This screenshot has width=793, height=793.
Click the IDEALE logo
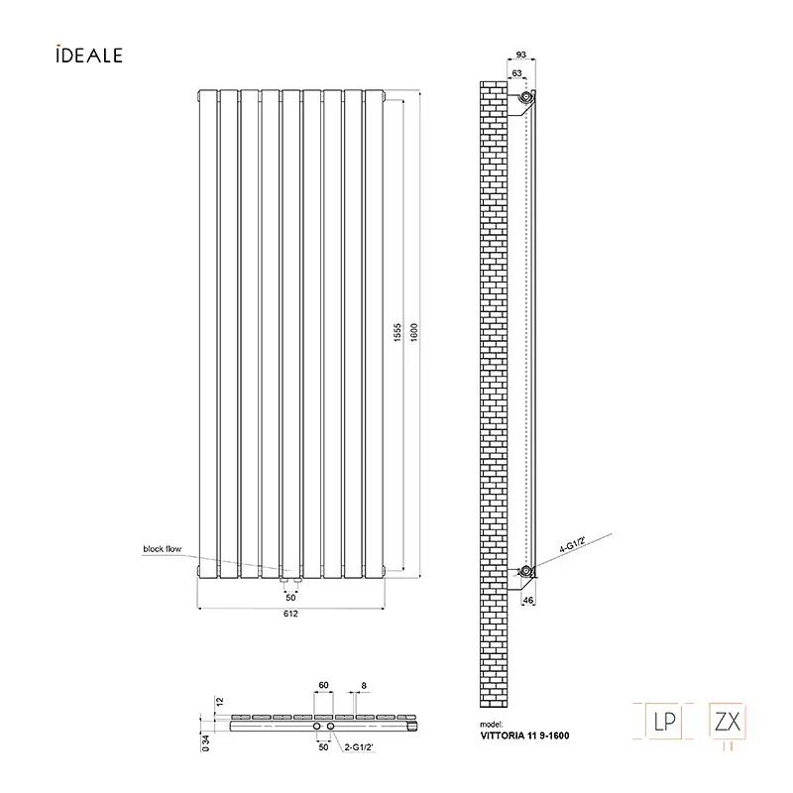89,55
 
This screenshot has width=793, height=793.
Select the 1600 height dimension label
414,332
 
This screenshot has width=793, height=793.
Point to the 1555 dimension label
397,332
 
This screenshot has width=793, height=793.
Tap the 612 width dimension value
290,614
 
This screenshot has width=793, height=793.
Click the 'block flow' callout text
162,549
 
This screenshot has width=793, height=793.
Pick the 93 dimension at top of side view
521,55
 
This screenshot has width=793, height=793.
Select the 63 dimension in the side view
516,73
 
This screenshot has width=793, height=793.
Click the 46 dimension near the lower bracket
528,601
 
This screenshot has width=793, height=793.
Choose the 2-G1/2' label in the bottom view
359,746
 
